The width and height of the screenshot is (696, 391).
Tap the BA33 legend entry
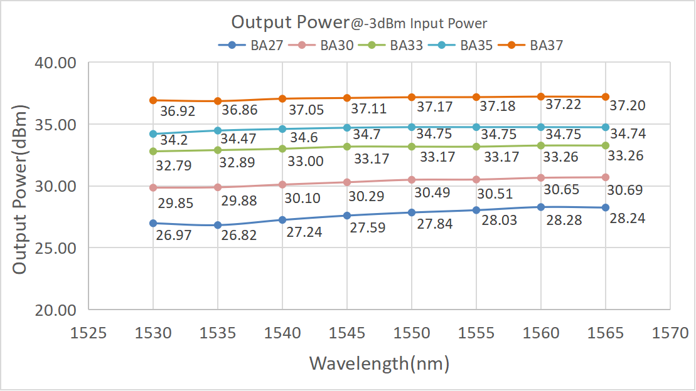(x=395, y=45)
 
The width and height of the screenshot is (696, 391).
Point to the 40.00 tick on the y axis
(x=54, y=63)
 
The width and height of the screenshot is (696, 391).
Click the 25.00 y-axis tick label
(x=54, y=248)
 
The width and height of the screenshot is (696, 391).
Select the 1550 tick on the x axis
(x=411, y=333)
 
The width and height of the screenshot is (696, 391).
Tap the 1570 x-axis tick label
(x=670, y=333)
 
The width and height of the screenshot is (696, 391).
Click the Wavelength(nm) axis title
(x=380, y=363)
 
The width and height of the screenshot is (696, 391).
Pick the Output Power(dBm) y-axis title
(x=20, y=187)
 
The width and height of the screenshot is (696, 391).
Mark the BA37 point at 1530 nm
(x=153, y=100)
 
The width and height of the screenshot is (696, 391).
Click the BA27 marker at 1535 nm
(x=218, y=225)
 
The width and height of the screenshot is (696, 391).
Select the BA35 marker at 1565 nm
(x=606, y=127)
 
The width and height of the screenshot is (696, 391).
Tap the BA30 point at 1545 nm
(x=346, y=182)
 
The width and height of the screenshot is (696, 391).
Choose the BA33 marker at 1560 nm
(x=540, y=145)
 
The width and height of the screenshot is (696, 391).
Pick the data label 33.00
(x=305, y=162)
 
